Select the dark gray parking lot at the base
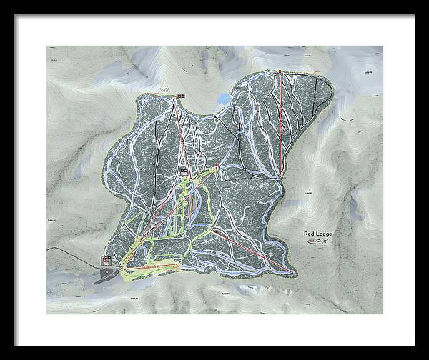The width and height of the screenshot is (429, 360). (107, 275)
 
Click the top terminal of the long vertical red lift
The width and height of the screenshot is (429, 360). (280, 72)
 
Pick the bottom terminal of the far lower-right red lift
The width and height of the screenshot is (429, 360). (294, 271)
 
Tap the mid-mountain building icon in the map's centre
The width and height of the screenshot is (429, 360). (184, 170)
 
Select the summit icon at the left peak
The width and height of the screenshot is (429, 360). (181, 96)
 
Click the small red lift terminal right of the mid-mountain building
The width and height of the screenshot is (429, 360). (216, 166)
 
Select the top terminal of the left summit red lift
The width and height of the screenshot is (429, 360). (174, 101)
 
